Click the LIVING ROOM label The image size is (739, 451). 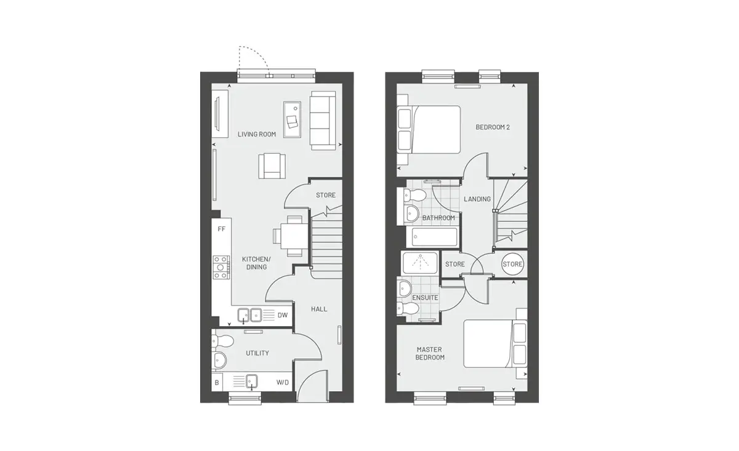(257, 134)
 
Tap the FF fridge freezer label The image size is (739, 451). (221, 229)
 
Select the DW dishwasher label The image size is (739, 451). (283, 315)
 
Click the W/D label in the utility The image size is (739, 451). (283, 383)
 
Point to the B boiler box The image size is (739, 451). (217, 383)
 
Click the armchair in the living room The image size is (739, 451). (272, 166)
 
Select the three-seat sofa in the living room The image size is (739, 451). (323, 121)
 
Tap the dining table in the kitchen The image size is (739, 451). (294, 236)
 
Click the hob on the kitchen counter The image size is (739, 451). (221, 268)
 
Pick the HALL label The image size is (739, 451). (319, 309)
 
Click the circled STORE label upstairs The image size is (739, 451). (512, 264)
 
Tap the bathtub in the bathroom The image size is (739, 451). (435, 237)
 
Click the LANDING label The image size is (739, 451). (477, 199)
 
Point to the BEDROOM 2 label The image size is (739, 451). (493, 127)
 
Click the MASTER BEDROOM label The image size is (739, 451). (430, 353)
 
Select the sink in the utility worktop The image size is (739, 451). (251, 381)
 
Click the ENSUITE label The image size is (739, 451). (425, 298)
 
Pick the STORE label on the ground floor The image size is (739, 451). (326, 195)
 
